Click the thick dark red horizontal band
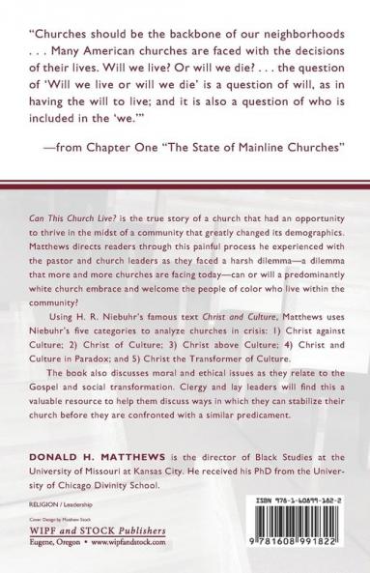point(185,182)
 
